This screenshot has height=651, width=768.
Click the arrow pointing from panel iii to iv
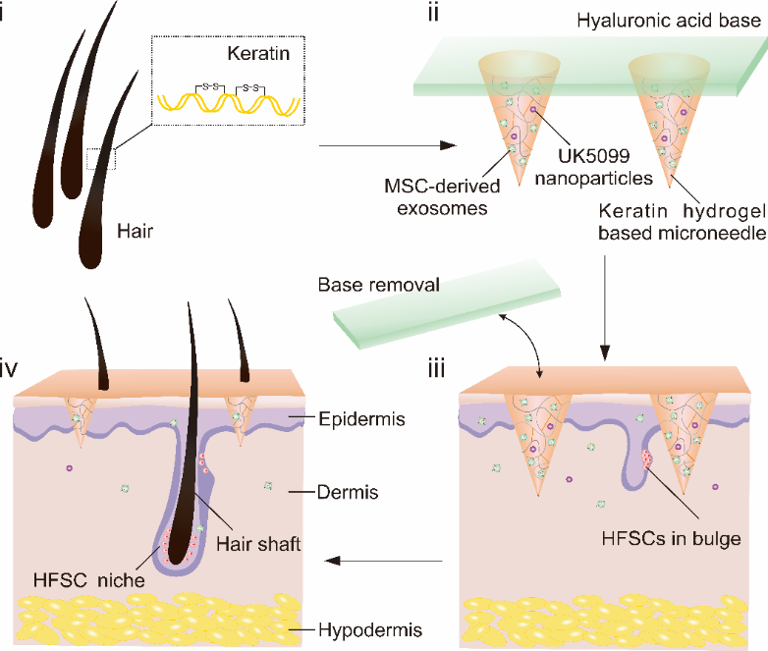[383, 562]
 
